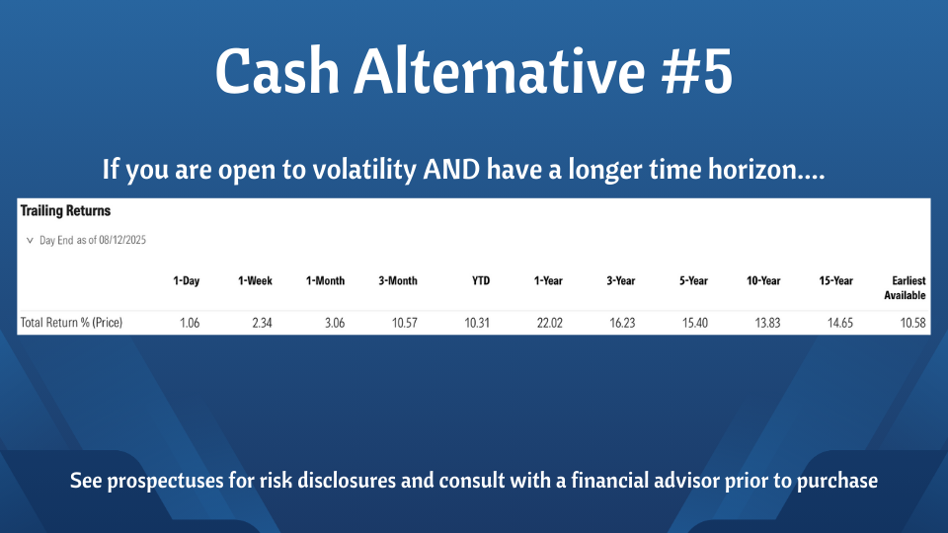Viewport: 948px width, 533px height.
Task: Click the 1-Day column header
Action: coord(187,281)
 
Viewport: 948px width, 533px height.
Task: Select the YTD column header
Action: coord(481,281)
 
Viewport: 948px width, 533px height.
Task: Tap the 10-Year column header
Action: coord(763,281)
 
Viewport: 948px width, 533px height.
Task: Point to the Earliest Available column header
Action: coord(906,288)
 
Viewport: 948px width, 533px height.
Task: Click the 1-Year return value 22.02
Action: coord(550,323)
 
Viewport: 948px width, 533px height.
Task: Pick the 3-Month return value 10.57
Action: coord(405,323)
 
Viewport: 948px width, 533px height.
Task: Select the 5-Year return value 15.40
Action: coord(694,323)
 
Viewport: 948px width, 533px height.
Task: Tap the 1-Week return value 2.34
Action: coord(262,323)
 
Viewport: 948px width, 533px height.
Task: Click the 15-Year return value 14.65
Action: coord(839,323)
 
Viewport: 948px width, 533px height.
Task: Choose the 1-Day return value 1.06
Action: coord(190,323)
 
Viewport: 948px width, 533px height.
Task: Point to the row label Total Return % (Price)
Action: coord(71,323)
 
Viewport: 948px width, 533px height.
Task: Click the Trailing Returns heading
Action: coord(65,211)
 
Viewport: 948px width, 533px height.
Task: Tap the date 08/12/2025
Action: coord(122,240)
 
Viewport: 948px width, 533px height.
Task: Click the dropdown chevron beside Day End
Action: coord(30,241)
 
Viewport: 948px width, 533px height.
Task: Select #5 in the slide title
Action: coord(696,72)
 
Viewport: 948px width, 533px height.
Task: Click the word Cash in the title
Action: coord(276,72)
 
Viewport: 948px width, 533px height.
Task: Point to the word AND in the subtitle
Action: coord(451,169)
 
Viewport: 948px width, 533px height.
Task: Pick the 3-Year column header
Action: coord(621,281)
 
